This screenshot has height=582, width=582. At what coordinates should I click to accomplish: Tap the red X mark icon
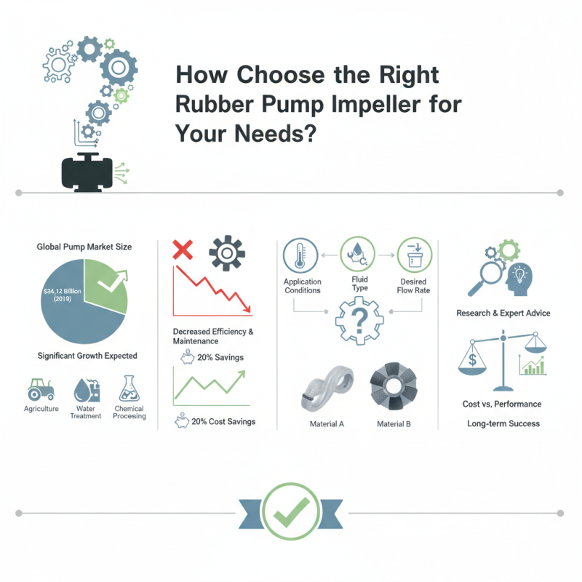pos(182,251)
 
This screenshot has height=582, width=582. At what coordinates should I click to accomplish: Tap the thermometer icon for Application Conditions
pos(300,256)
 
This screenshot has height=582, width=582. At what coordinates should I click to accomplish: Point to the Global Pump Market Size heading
pos(84,247)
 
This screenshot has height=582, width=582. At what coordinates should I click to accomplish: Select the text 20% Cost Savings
pos(223,422)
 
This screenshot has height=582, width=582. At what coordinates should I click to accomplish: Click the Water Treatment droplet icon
pos(84,390)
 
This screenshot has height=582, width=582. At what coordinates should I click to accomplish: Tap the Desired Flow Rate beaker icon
pos(414,256)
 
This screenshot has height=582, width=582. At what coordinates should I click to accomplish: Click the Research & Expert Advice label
pos(503,313)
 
